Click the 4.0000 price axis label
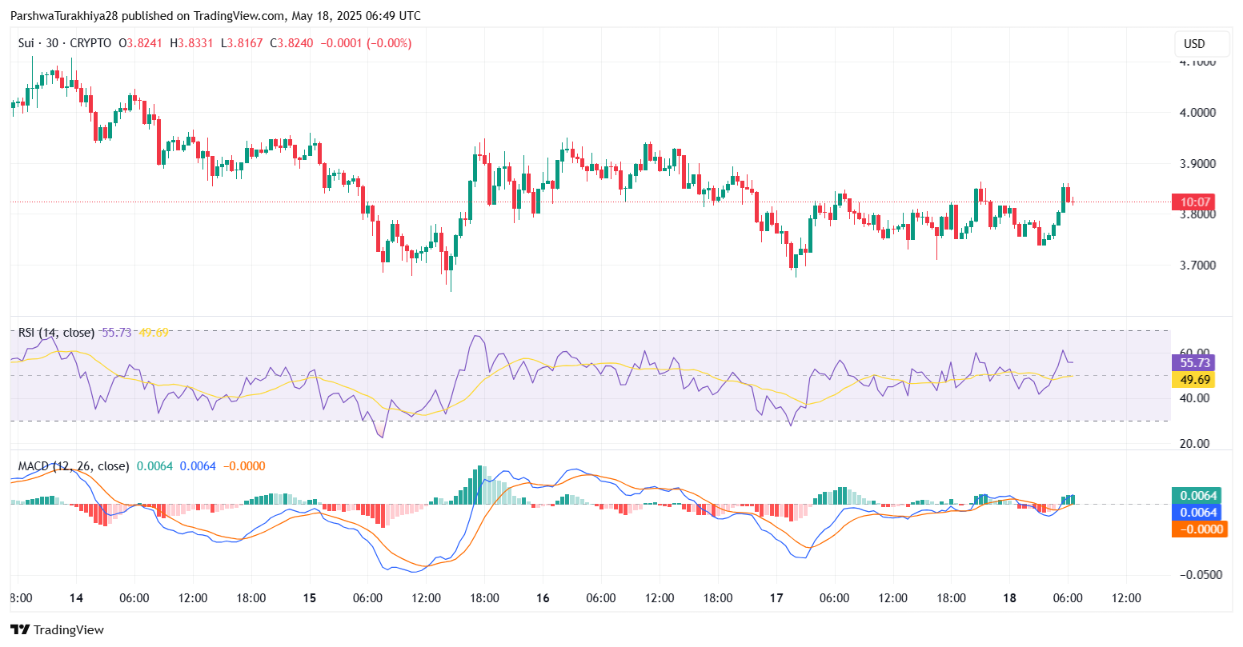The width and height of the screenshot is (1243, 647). point(1198,113)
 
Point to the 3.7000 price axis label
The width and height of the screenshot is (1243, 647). point(1198,266)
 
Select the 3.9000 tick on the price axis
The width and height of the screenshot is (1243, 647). point(1198,164)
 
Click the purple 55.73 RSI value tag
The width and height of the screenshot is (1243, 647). point(1194,363)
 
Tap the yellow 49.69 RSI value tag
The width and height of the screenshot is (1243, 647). point(1194,379)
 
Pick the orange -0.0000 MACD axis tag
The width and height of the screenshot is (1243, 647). point(1198,529)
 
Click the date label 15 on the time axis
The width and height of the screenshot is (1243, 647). point(310,598)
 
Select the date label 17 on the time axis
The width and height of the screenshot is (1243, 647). point(776,598)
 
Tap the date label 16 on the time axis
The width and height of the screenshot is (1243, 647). point(543,598)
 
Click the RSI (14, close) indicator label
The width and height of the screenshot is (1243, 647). point(56,333)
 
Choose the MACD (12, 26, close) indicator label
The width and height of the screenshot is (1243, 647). point(73,466)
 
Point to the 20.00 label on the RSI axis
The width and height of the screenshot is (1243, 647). point(1195,444)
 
